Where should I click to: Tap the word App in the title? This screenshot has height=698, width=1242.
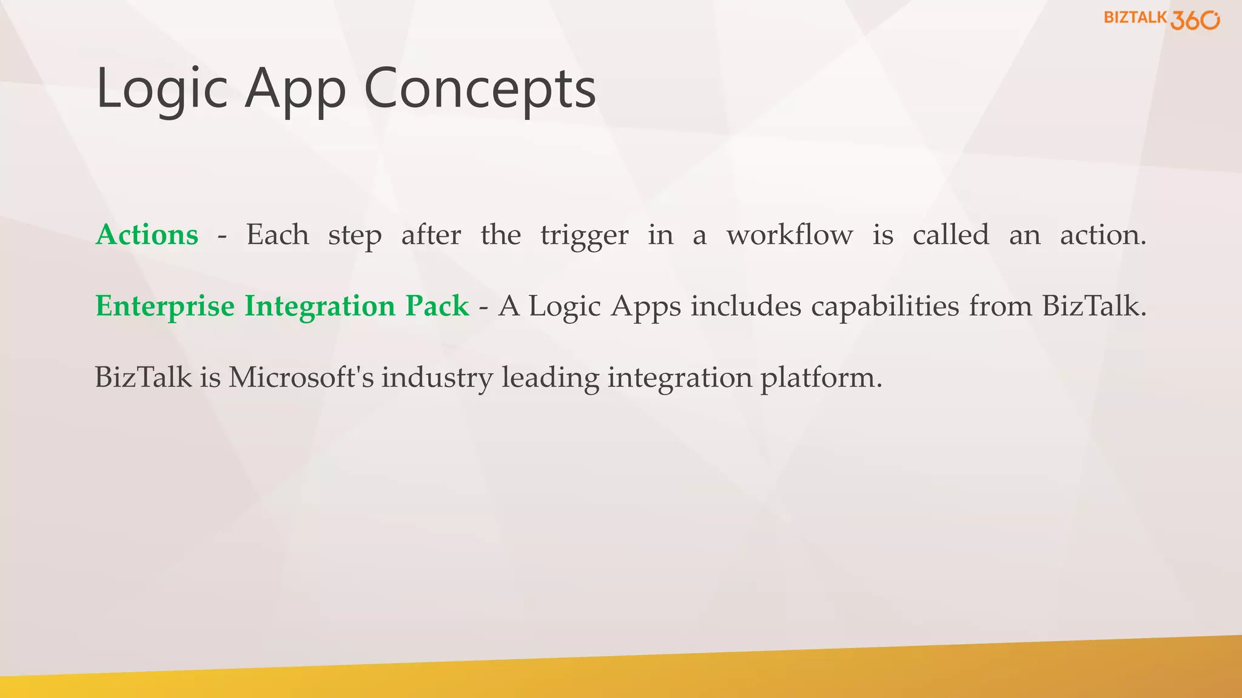click(x=295, y=90)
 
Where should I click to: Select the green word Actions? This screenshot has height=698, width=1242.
click(x=147, y=234)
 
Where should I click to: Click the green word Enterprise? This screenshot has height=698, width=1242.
click(x=165, y=306)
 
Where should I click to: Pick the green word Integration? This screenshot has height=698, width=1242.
click(x=320, y=306)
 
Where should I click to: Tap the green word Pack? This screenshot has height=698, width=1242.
click(x=437, y=305)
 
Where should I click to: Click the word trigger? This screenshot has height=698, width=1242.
click(x=584, y=236)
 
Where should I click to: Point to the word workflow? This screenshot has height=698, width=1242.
click(x=790, y=234)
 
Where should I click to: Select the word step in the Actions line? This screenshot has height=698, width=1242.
click(x=355, y=236)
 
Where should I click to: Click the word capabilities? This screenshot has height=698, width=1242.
click(x=885, y=306)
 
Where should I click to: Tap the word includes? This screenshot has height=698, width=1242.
click(x=746, y=305)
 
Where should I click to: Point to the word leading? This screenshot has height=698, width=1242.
click(x=550, y=379)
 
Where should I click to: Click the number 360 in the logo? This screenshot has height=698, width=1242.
click(x=1194, y=20)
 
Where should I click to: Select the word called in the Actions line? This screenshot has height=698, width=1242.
click(x=950, y=234)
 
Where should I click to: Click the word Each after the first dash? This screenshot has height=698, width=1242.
click(x=277, y=234)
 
